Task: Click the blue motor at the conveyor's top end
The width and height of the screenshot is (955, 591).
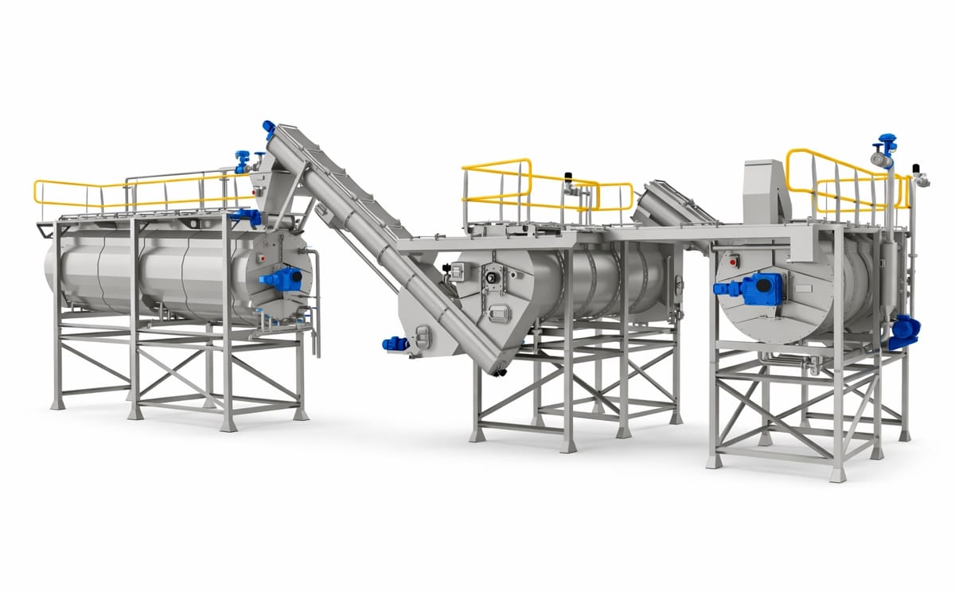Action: tap(268, 127)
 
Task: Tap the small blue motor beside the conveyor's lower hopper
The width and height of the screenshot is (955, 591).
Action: tap(394, 344)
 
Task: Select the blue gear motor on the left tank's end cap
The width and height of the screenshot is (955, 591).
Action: tap(282, 279)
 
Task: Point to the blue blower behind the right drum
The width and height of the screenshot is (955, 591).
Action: tap(904, 332)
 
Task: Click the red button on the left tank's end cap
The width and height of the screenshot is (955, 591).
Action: tap(264, 259)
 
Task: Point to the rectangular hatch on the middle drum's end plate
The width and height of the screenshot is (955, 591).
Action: tap(498, 313)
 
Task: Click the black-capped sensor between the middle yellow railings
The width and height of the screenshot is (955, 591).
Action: tap(568, 177)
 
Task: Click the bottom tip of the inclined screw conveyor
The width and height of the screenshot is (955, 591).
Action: tap(499, 371)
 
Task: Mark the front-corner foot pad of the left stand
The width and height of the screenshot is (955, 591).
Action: tap(229, 425)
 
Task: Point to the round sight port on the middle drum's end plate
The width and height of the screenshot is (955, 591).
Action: tap(493, 279)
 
